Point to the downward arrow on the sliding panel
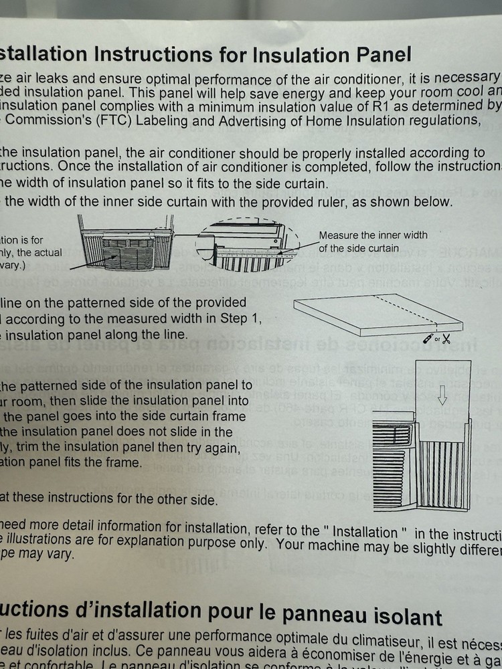click(441, 397)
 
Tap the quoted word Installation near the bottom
click(367, 531)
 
